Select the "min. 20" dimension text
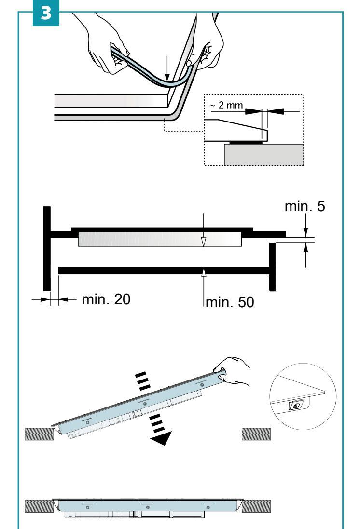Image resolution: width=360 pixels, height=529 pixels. pos(106,300)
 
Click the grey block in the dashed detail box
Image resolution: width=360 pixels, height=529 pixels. pos(263,154)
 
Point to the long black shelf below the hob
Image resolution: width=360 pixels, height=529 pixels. pos(164,271)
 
